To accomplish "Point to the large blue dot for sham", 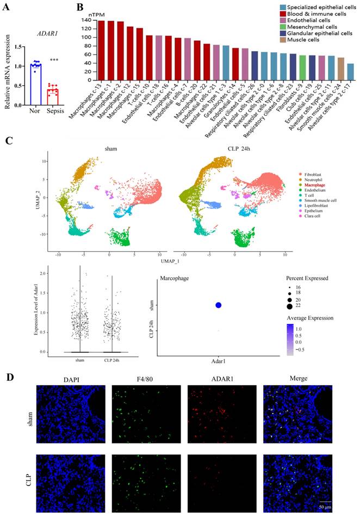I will (218, 305).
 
